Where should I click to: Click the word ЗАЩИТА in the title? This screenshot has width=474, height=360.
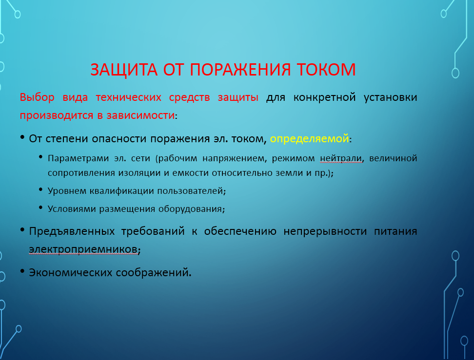click(124, 70)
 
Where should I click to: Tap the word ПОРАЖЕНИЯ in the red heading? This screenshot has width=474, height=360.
click(240, 70)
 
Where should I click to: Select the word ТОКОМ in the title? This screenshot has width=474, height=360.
click(326, 70)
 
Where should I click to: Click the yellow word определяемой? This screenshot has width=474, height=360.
click(309, 139)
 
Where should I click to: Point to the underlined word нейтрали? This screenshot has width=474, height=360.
click(341, 158)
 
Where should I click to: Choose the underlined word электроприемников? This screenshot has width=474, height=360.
click(83, 249)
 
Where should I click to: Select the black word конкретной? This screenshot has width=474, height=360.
click(324, 97)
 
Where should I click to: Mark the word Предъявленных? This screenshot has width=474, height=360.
click(72, 231)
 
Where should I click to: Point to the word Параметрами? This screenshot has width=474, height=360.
click(78, 158)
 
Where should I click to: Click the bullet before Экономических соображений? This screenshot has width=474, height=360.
click(22, 271)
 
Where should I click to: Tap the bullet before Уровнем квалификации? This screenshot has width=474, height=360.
click(41, 189)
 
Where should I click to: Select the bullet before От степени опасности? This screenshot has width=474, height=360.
click(22, 137)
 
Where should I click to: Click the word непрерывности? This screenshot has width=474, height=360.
click(325, 231)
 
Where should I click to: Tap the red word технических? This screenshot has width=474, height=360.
click(128, 97)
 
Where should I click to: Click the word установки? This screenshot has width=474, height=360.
click(390, 97)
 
